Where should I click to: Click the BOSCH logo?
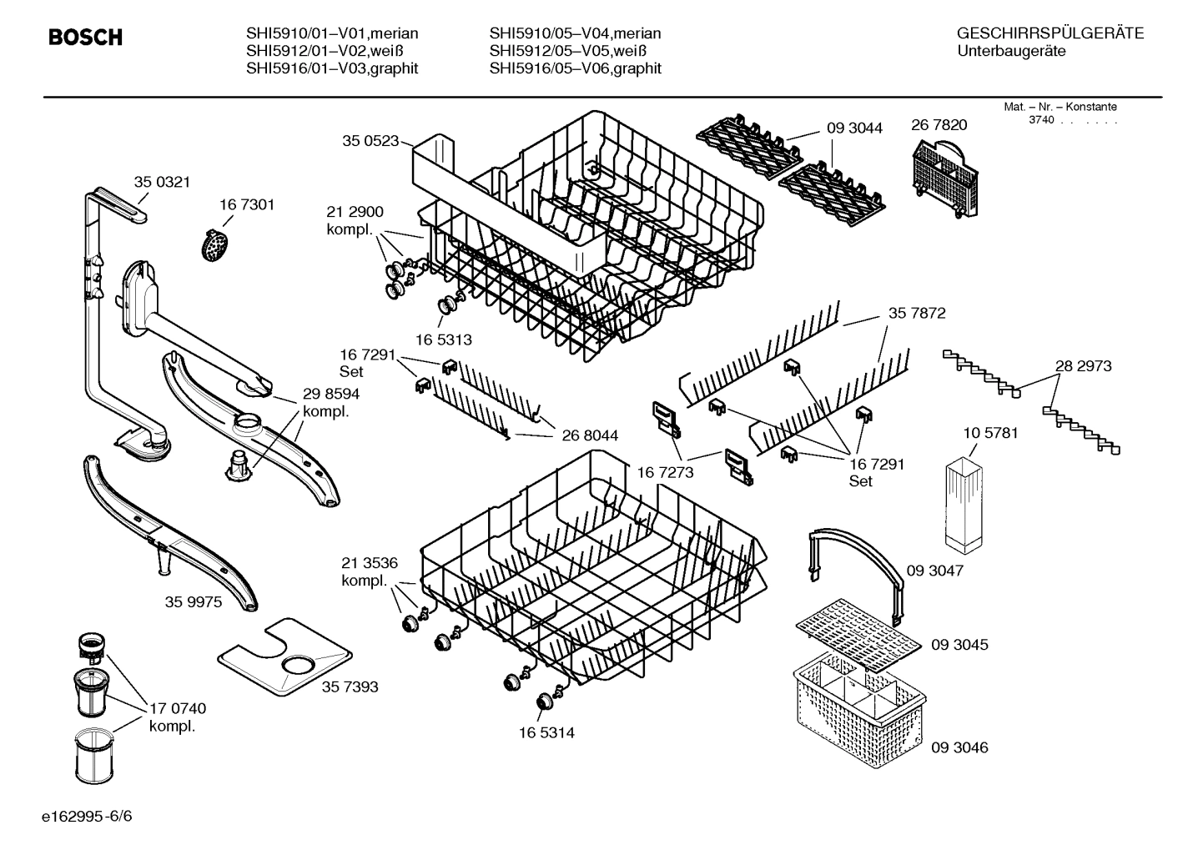[x=85, y=38]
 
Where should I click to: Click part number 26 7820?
[x=939, y=125]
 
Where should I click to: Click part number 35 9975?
[x=194, y=601]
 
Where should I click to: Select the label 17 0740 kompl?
[x=177, y=717]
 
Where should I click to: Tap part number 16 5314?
[x=546, y=733]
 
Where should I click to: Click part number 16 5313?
[x=443, y=339]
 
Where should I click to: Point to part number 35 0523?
[x=370, y=141]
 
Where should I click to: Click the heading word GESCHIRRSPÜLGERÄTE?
[x=1049, y=33]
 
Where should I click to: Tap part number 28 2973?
[x=1083, y=366]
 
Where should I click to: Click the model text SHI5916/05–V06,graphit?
[x=575, y=68]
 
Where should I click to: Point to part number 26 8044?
[x=590, y=435]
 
